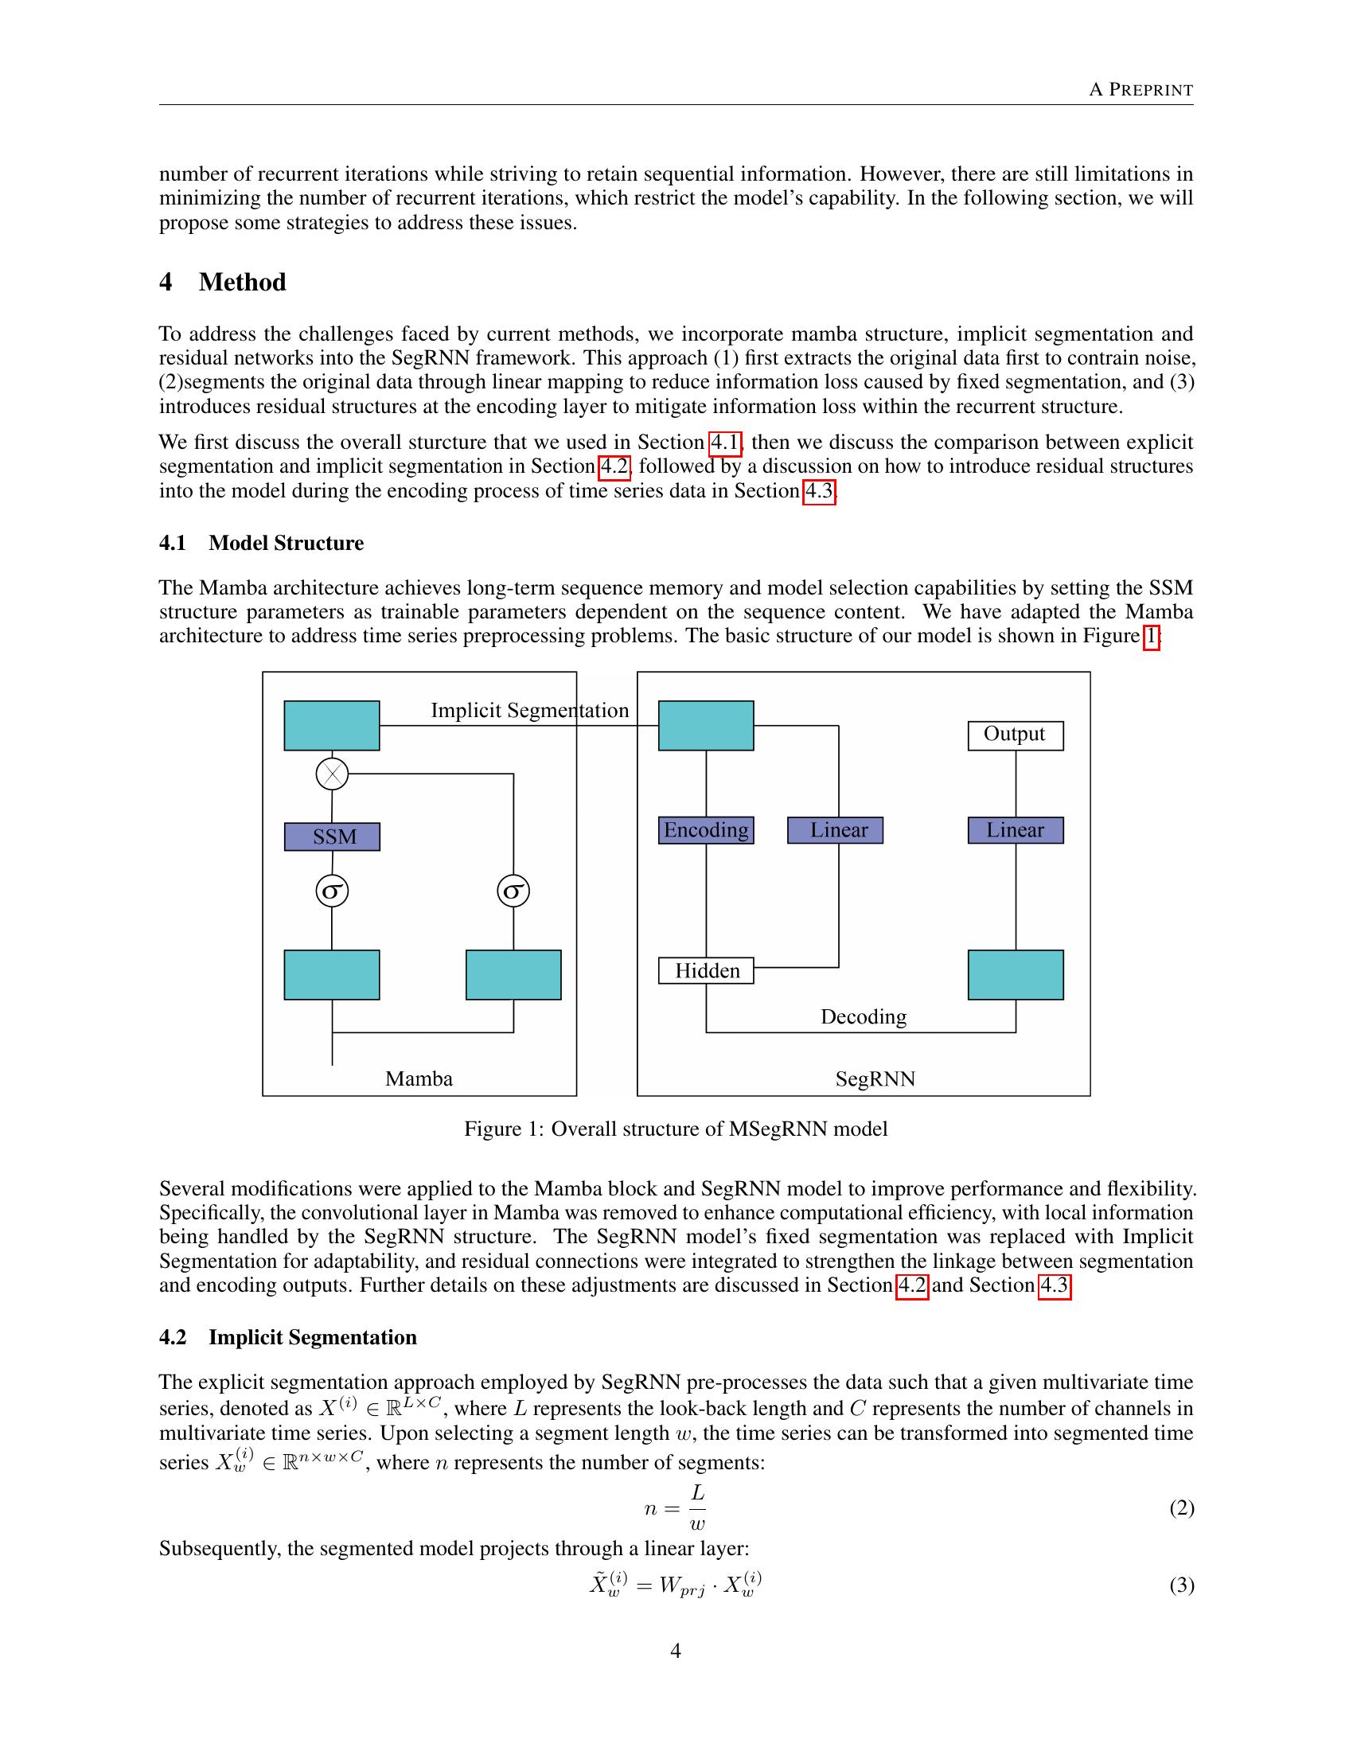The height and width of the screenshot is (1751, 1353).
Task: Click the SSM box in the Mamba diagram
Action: [332, 837]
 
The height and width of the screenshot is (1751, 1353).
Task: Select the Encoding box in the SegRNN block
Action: [705, 830]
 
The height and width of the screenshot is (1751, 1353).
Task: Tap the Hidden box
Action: [705, 971]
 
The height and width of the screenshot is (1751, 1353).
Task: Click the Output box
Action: [1015, 735]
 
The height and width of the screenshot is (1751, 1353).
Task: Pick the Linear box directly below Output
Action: [1015, 830]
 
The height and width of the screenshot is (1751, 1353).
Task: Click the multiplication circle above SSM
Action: [332, 774]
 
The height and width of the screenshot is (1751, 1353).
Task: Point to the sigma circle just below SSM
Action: [332, 891]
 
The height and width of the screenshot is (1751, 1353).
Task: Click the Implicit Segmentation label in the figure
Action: [529, 710]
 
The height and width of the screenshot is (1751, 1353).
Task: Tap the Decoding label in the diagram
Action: [864, 1016]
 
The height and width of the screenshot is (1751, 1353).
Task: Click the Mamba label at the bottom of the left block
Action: [419, 1078]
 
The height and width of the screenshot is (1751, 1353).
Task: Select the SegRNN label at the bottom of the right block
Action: [875, 1078]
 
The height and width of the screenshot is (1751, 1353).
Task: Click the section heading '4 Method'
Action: [223, 283]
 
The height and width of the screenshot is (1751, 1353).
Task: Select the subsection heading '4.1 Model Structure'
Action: [261, 543]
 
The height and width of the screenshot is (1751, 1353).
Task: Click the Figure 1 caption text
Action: [676, 1129]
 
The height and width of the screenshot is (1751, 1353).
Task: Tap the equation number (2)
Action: [1181, 1508]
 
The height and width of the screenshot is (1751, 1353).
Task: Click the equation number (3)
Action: [1181, 1585]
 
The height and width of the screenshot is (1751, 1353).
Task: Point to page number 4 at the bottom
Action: [675, 1651]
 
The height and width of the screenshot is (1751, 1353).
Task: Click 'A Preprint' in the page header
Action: [1140, 90]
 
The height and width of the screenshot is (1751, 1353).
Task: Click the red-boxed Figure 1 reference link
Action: [1150, 636]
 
